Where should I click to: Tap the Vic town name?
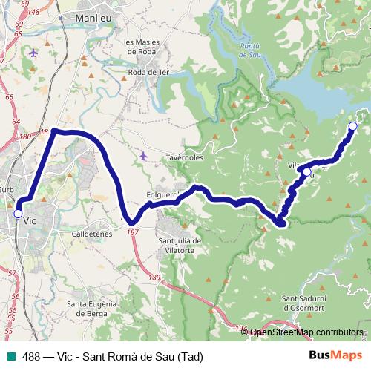click(30, 220)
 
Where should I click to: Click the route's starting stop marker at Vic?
click(18, 214)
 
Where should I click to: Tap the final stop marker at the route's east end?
click(352, 126)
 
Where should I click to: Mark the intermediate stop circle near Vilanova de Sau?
click(306, 172)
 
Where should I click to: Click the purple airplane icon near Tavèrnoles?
click(143, 155)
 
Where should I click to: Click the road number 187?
click(132, 232)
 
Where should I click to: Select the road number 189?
click(154, 277)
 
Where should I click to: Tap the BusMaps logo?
click(335, 355)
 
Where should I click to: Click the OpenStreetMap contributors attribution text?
click(306, 332)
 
